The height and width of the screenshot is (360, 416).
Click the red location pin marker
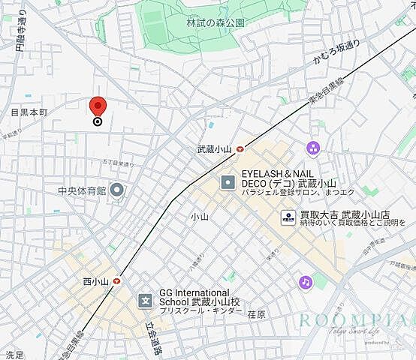pyautogui.click(x=98, y=107)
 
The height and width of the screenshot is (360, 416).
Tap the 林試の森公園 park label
pyautogui.click(x=216, y=22)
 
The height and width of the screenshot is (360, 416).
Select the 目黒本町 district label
pyautogui.click(x=29, y=112)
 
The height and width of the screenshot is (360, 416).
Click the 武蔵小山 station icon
pyautogui.click(x=240, y=149)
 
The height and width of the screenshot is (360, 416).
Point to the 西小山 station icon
pyautogui.click(x=118, y=281)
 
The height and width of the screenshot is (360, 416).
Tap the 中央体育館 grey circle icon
pyautogui.click(x=116, y=189)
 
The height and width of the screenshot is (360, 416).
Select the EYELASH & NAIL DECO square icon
pyautogui.click(x=228, y=182)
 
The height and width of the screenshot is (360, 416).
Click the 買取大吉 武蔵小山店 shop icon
pyautogui.click(x=288, y=217)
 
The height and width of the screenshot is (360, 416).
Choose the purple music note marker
pyautogui.click(x=305, y=282)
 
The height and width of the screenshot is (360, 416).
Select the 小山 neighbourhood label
pyautogui.click(x=199, y=217)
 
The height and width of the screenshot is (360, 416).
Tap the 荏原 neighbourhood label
pyautogui.click(x=257, y=314)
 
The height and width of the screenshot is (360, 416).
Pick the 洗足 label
pyautogui.click(x=14, y=354)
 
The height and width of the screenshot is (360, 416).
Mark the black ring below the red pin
pyautogui.click(x=98, y=122)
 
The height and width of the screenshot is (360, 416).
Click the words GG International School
pyautogui.click(x=194, y=292)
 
